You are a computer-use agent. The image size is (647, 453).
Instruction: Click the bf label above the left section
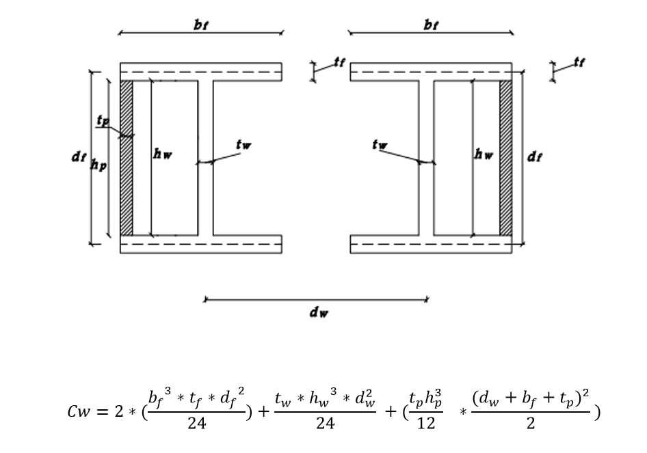point(201,25)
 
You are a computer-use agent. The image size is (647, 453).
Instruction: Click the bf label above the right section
point(431,25)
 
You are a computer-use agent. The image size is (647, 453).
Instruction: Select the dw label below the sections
point(319,313)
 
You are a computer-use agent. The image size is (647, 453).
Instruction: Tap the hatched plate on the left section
point(127,157)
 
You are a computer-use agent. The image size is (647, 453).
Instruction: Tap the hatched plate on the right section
point(505,157)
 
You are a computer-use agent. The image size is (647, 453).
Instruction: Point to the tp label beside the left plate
point(103,122)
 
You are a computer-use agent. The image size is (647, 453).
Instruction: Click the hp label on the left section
point(99,165)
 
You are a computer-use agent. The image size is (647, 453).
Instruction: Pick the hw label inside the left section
point(163,155)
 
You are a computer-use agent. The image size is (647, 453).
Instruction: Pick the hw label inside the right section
point(484,155)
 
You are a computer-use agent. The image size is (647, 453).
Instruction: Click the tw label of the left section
point(243,145)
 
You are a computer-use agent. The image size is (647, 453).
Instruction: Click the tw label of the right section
point(380,145)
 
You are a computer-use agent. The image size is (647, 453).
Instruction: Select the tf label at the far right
point(579,63)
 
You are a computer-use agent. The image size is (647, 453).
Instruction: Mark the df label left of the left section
point(79,157)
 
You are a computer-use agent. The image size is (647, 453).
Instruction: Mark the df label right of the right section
point(535,157)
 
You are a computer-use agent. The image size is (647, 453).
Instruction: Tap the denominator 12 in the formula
point(425,424)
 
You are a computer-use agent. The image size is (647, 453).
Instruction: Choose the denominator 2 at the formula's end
point(531,424)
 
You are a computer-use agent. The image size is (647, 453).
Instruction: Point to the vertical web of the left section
point(205,157)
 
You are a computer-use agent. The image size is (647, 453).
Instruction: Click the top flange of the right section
point(431,72)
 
